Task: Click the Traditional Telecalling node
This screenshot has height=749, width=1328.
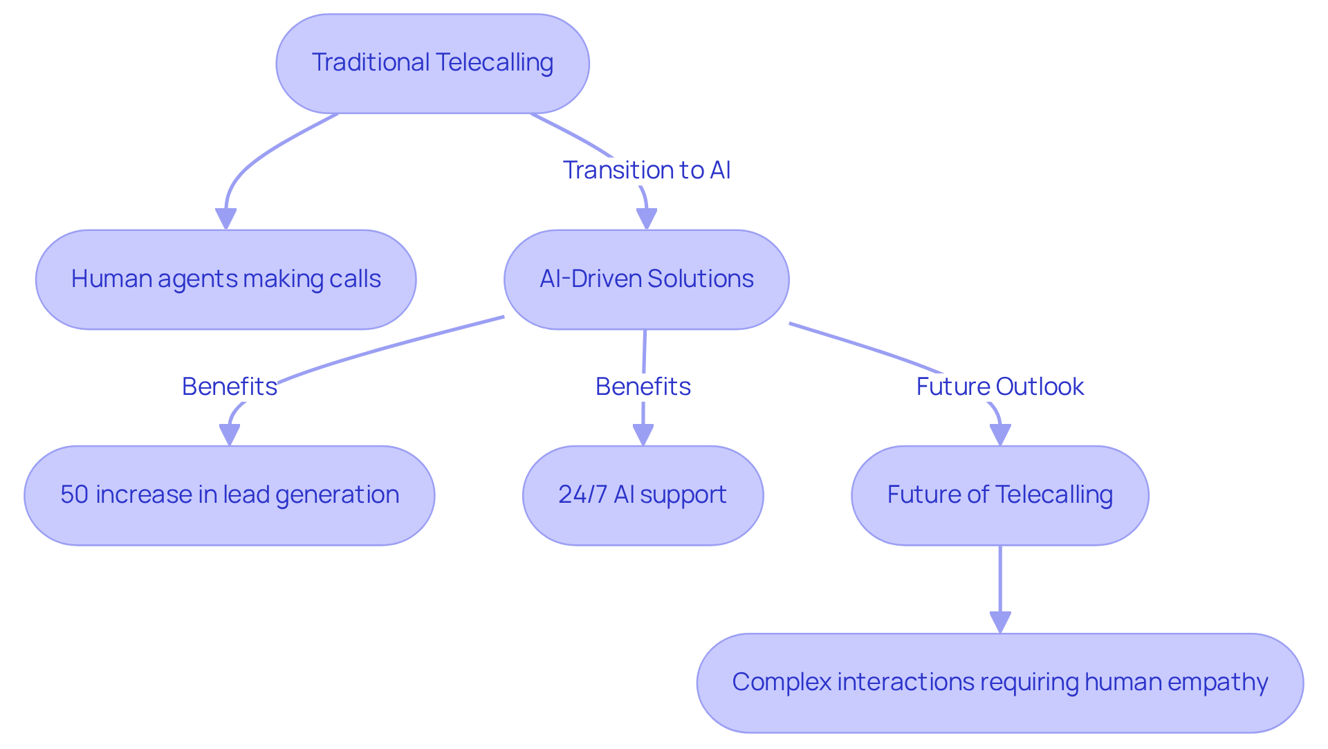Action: click(x=432, y=64)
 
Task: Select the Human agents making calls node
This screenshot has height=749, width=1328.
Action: click(x=225, y=279)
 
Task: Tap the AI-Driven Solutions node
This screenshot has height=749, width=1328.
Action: click(x=646, y=279)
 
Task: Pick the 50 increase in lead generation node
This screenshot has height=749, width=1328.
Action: click(x=229, y=495)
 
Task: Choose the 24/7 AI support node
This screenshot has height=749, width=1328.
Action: click(x=643, y=495)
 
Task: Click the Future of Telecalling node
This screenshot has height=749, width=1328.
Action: click(x=999, y=495)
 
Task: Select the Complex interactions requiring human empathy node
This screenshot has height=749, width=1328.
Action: click(x=999, y=683)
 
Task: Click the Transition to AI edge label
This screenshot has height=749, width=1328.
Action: click(x=646, y=170)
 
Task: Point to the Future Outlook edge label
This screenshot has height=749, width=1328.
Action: click(x=999, y=387)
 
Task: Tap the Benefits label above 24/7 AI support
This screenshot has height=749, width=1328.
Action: click(x=643, y=387)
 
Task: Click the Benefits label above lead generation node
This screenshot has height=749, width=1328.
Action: click(x=229, y=387)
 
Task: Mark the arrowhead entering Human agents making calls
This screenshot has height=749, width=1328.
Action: click(x=225, y=219)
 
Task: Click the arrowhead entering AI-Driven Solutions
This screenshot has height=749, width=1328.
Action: click(x=646, y=219)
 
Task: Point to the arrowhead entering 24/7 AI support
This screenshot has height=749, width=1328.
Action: click(x=643, y=435)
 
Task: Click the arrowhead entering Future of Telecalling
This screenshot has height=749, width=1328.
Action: click(x=999, y=435)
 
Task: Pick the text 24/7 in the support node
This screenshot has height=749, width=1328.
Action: click(x=582, y=495)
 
